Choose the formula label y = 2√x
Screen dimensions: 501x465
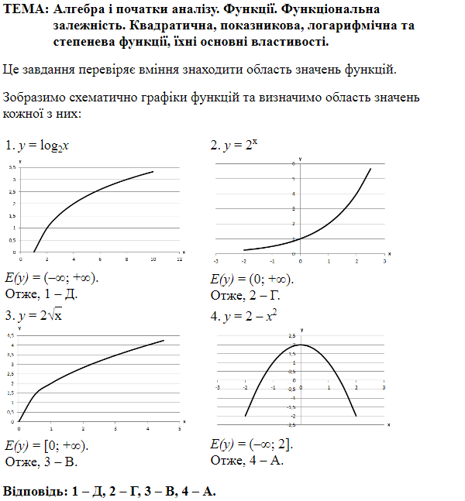pos(43,316)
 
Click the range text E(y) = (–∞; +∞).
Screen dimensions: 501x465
pos(52,278)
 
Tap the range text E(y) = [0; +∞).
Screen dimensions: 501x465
pos(46,445)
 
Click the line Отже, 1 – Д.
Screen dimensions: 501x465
pos(42,293)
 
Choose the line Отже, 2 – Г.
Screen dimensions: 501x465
pos(245,295)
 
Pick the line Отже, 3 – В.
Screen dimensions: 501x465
pos(41,462)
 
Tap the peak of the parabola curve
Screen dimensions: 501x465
pos(301,345)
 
